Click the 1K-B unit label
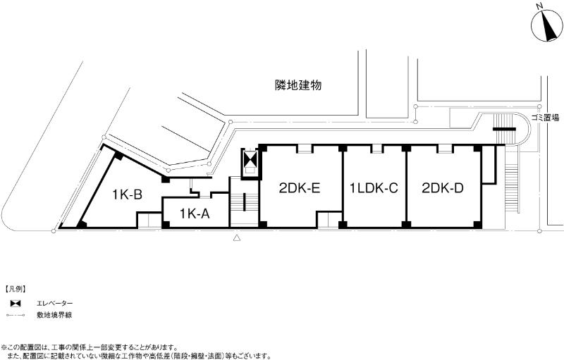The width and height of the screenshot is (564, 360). (x=127, y=194)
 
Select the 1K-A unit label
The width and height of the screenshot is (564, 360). (x=195, y=214)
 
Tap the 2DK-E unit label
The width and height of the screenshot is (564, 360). (x=300, y=188)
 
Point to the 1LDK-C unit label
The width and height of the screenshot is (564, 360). (x=374, y=188)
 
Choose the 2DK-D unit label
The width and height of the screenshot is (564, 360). (x=443, y=188)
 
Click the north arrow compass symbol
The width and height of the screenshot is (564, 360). (x=547, y=26)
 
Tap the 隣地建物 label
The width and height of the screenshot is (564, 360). (x=298, y=85)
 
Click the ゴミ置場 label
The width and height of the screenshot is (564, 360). (x=546, y=118)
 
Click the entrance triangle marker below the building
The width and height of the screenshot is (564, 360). (x=237, y=237)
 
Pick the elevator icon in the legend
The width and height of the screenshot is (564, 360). (x=15, y=304)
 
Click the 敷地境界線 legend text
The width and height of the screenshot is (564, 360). (x=54, y=315)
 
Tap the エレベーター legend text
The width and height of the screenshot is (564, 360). (x=55, y=304)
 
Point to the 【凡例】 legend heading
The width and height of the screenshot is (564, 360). (x=15, y=290)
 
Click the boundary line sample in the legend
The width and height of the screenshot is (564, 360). (x=15, y=316)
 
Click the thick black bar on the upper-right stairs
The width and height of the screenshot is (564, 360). (x=504, y=129)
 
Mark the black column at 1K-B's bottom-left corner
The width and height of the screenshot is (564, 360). (x=82, y=225)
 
